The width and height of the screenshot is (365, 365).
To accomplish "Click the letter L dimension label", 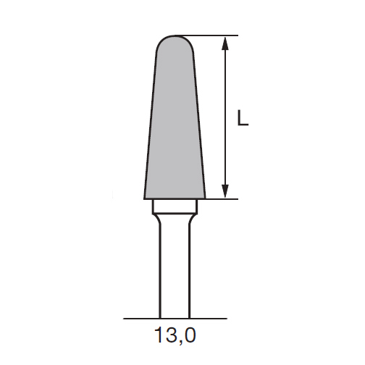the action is pyautogui.click(x=243, y=117).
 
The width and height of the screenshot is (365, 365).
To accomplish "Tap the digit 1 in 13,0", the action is pyautogui.click(x=159, y=335).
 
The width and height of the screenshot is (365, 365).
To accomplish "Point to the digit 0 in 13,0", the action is pyautogui.click(x=189, y=335).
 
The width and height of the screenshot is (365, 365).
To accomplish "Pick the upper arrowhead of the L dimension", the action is pyautogui.click(x=225, y=43).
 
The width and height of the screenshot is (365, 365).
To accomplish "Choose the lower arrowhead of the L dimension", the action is pyautogui.click(x=225, y=191).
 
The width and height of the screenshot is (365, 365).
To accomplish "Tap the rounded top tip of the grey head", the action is pyautogui.click(x=175, y=35).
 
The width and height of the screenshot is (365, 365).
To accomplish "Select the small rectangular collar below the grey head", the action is pyautogui.click(x=175, y=207).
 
